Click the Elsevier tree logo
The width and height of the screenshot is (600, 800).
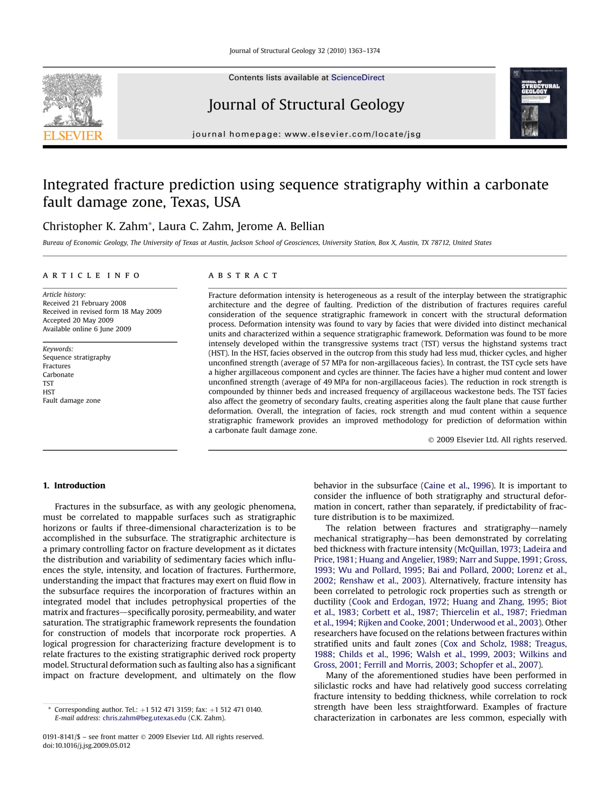click(72, 100)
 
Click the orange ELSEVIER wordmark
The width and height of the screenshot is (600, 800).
click(73, 136)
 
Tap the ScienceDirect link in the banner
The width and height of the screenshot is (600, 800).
click(357, 77)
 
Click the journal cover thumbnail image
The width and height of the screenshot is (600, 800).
click(538, 103)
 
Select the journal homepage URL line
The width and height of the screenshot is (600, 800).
click(306, 134)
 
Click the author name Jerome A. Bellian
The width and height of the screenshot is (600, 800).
click(280, 226)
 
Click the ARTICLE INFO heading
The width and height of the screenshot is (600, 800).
click(91, 275)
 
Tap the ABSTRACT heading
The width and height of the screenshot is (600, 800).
click(243, 275)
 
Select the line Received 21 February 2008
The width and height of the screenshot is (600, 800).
click(84, 303)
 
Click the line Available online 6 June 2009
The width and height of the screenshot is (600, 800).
click(87, 329)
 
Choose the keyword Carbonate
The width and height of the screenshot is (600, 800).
click(58, 375)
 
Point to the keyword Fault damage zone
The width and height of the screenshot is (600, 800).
click(72, 400)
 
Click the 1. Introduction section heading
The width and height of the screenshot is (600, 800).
click(74, 485)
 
